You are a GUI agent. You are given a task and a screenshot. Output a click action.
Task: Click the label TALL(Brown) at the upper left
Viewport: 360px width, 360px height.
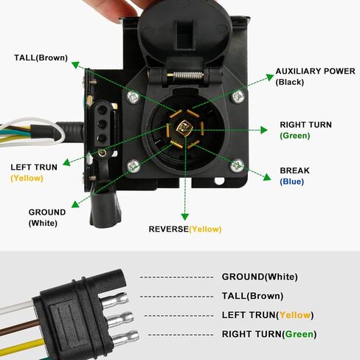(41, 58)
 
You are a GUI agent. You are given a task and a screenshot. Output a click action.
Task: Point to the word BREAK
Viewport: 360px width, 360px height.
(294, 170)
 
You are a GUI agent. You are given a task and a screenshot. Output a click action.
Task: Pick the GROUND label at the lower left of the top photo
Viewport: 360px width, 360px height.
(47, 212)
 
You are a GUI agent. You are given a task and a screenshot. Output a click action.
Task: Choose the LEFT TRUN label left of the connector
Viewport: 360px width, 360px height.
(34, 167)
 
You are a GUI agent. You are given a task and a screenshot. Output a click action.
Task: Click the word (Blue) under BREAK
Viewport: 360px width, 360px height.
(292, 181)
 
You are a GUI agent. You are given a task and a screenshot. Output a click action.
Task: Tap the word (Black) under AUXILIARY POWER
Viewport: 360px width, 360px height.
(290, 82)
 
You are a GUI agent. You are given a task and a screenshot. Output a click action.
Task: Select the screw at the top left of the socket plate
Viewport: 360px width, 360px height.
(133, 95)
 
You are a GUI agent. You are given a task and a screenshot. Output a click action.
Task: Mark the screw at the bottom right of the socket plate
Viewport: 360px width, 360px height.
(237, 165)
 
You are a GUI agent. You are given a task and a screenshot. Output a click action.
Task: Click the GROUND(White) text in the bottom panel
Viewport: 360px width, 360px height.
(260, 277)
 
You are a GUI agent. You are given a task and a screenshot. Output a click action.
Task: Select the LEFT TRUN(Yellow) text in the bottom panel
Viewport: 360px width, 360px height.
(268, 315)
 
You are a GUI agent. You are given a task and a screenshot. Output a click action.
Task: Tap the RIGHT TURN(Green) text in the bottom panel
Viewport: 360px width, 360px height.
(269, 334)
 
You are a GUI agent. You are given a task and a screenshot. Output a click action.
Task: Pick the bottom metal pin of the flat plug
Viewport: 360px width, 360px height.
(126, 337)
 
